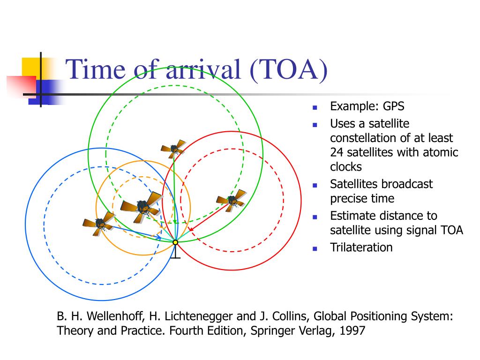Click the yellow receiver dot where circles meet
pyautogui.click(x=175, y=242)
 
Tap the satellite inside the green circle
pyautogui.click(x=173, y=149)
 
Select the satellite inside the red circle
pyautogui.click(x=232, y=199)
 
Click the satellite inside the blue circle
pyautogui.click(x=99, y=224)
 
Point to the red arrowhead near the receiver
pyautogui.click(x=191, y=229)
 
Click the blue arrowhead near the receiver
pyautogui.click(x=158, y=237)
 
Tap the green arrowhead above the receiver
pyautogui.click(x=175, y=222)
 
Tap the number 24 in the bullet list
pyautogui.click(x=337, y=152)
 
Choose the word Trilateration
pyautogui.click(x=361, y=247)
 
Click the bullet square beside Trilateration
pyautogui.click(x=315, y=249)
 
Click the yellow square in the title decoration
pyautogui.click(x=31, y=67)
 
